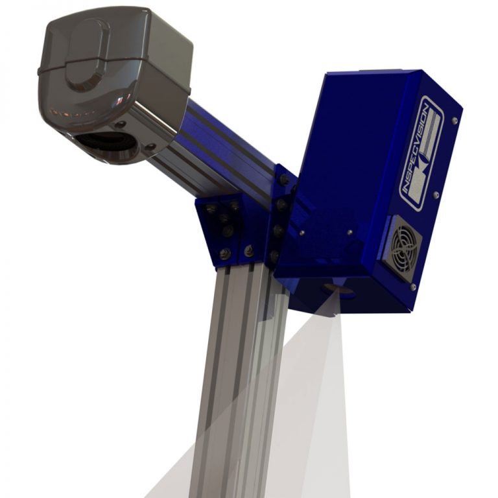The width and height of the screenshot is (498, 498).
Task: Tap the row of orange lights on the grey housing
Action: pyautogui.click(x=67, y=113)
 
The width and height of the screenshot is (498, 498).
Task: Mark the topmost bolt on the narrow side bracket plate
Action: pyautogui.click(x=283, y=178)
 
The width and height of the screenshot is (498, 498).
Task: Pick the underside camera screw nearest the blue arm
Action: pyautogui.click(x=150, y=147)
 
